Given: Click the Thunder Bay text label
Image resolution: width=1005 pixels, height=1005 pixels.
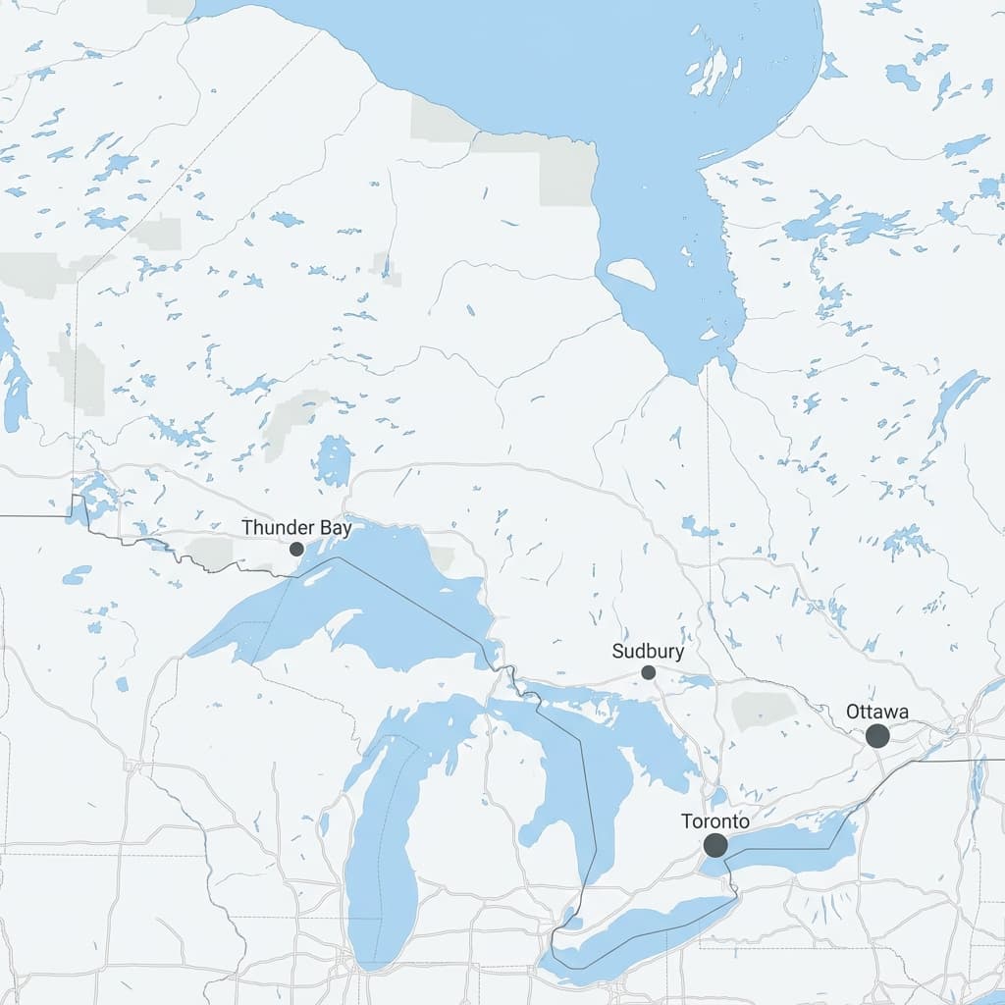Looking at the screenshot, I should (x=296, y=528).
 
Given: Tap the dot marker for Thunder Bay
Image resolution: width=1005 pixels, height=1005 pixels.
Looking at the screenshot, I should (x=296, y=549).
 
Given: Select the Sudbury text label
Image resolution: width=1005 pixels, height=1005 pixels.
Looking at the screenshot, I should (x=648, y=651).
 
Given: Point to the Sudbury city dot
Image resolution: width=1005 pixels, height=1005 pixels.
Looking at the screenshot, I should (x=648, y=672).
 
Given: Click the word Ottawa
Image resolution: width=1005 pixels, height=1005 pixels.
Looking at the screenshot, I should (x=877, y=712).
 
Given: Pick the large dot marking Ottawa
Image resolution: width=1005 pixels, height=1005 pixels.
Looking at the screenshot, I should (x=877, y=736).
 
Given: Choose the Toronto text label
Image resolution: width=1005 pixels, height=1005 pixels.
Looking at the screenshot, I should (x=715, y=821).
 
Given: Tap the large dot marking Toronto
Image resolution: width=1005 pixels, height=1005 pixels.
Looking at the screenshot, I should (x=715, y=845).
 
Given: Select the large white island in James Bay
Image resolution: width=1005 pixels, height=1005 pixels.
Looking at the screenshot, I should (x=631, y=274).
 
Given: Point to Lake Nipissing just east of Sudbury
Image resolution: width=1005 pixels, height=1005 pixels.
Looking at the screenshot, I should (x=698, y=681).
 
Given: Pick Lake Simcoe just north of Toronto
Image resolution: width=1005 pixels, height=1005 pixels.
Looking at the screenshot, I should (x=720, y=795).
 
